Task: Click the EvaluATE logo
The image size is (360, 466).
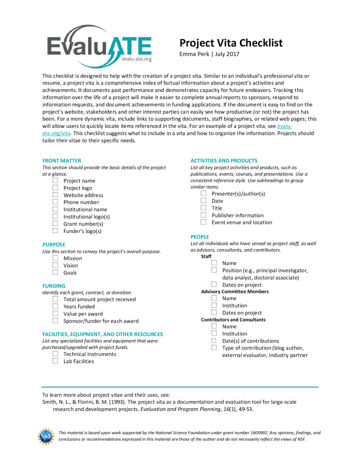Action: tap(99, 45)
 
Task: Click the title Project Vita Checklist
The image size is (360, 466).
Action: tap(231, 43)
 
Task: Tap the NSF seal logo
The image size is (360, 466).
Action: tap(46, 436)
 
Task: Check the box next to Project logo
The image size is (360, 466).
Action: tap(55, 188)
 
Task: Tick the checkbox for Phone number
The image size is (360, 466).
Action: tap(55, 202)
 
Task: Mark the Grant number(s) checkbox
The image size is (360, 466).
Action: tap(55, 223)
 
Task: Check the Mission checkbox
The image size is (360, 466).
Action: tap(55, 258)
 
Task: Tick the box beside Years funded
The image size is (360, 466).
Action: tap(55, 306)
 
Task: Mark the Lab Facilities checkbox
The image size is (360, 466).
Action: tap(55, 361)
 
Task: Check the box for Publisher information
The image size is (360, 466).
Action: tap(203, 215)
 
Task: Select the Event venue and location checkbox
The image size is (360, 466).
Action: tap(203, 222)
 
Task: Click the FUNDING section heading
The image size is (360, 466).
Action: tap(54, 286)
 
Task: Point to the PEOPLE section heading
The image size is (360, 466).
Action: tap(200, 237)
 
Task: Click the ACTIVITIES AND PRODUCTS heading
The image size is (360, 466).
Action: tap(224, 161)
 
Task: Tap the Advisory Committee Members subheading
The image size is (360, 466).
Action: tap(235, 291)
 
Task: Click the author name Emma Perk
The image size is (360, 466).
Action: tap(195, 55)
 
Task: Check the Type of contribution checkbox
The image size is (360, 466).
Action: tap(214, 348)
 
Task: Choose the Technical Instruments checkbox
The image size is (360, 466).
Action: tap(55, 354)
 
